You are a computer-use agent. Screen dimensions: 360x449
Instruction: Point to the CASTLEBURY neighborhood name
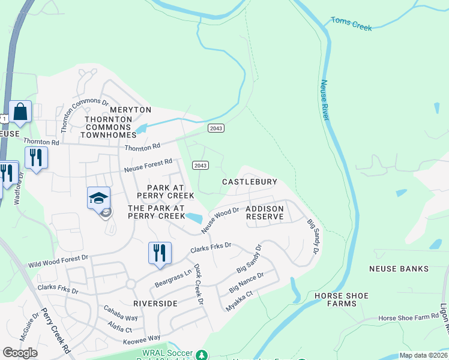coord(249,181)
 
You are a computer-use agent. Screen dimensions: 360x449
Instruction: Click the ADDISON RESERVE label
coord(264,212)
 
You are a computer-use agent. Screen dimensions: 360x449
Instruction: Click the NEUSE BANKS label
coord(399,269)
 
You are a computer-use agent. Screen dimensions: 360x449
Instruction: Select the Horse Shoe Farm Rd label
coord(409,317)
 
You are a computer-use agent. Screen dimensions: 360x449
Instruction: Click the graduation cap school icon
coord(99,198)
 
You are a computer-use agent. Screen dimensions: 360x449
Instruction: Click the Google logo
coord(20,353)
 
